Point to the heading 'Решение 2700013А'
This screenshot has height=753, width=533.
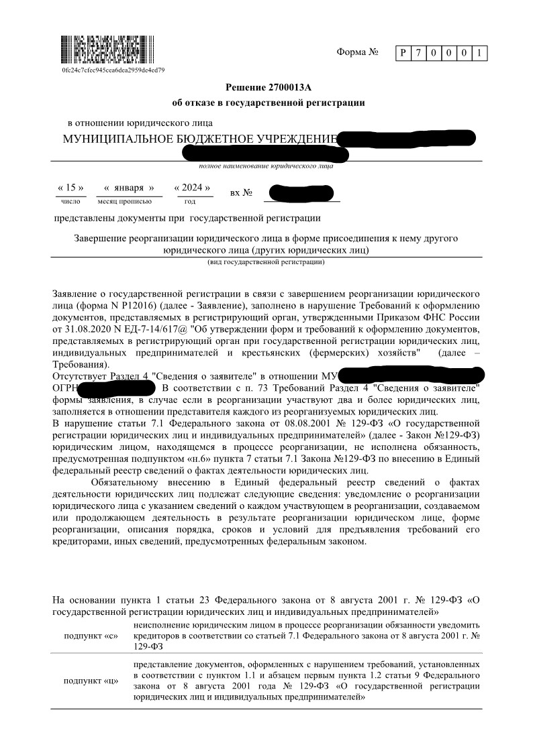269,87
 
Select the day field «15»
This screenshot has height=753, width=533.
70,188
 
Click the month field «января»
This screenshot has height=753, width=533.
129,188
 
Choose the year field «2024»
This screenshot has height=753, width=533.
193,188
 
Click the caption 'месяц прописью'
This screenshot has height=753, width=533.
124,201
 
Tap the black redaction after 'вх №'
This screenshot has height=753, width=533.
299,193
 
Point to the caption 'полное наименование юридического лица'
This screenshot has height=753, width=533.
266,166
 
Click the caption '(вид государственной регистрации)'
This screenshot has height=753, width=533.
266,262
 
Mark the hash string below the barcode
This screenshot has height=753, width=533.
113,70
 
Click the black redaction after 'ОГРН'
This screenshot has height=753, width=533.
117,388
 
